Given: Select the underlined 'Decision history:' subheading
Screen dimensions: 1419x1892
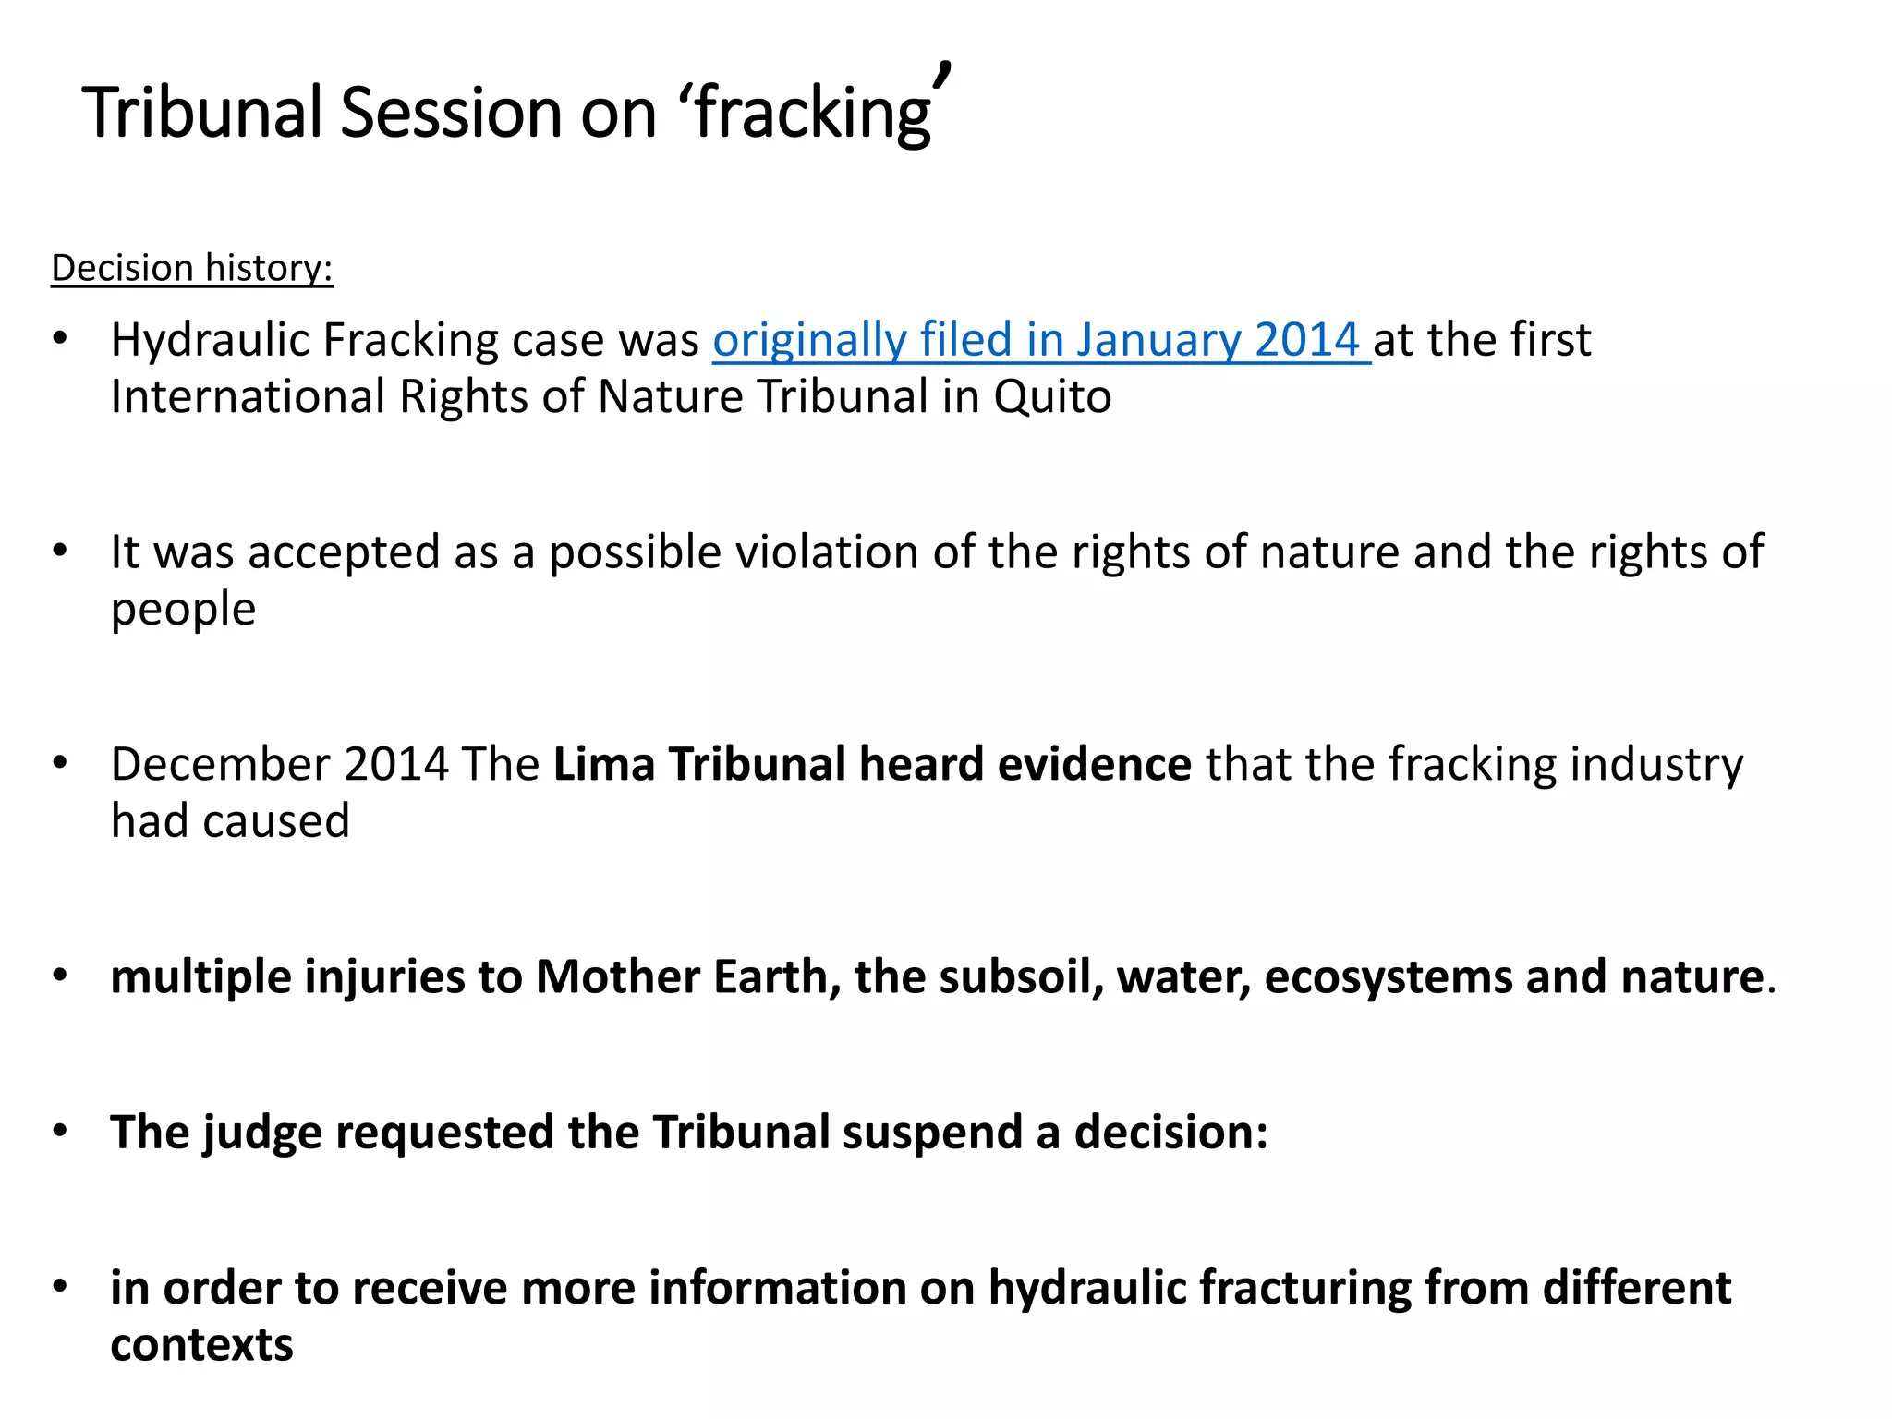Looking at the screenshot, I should (191, 268).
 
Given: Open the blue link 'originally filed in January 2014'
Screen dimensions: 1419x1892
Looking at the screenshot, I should (1040, 340).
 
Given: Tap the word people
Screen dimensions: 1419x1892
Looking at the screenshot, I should (183, 610).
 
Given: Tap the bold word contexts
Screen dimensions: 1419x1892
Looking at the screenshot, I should (201, 1345).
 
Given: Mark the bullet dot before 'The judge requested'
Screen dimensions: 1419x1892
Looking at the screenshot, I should (61, 1131).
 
